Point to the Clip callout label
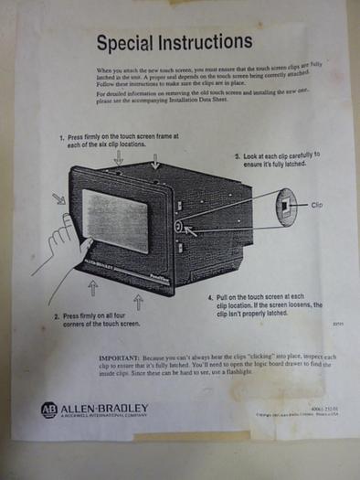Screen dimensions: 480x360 tap(318, 205)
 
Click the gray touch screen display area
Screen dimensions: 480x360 tap(115, 220)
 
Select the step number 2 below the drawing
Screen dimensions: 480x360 tap(58, 316)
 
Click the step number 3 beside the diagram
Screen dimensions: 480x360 tap(237, 155)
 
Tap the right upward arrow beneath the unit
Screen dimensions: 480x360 tap(139, 301)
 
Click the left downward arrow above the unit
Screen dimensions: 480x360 tap(118, 157)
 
